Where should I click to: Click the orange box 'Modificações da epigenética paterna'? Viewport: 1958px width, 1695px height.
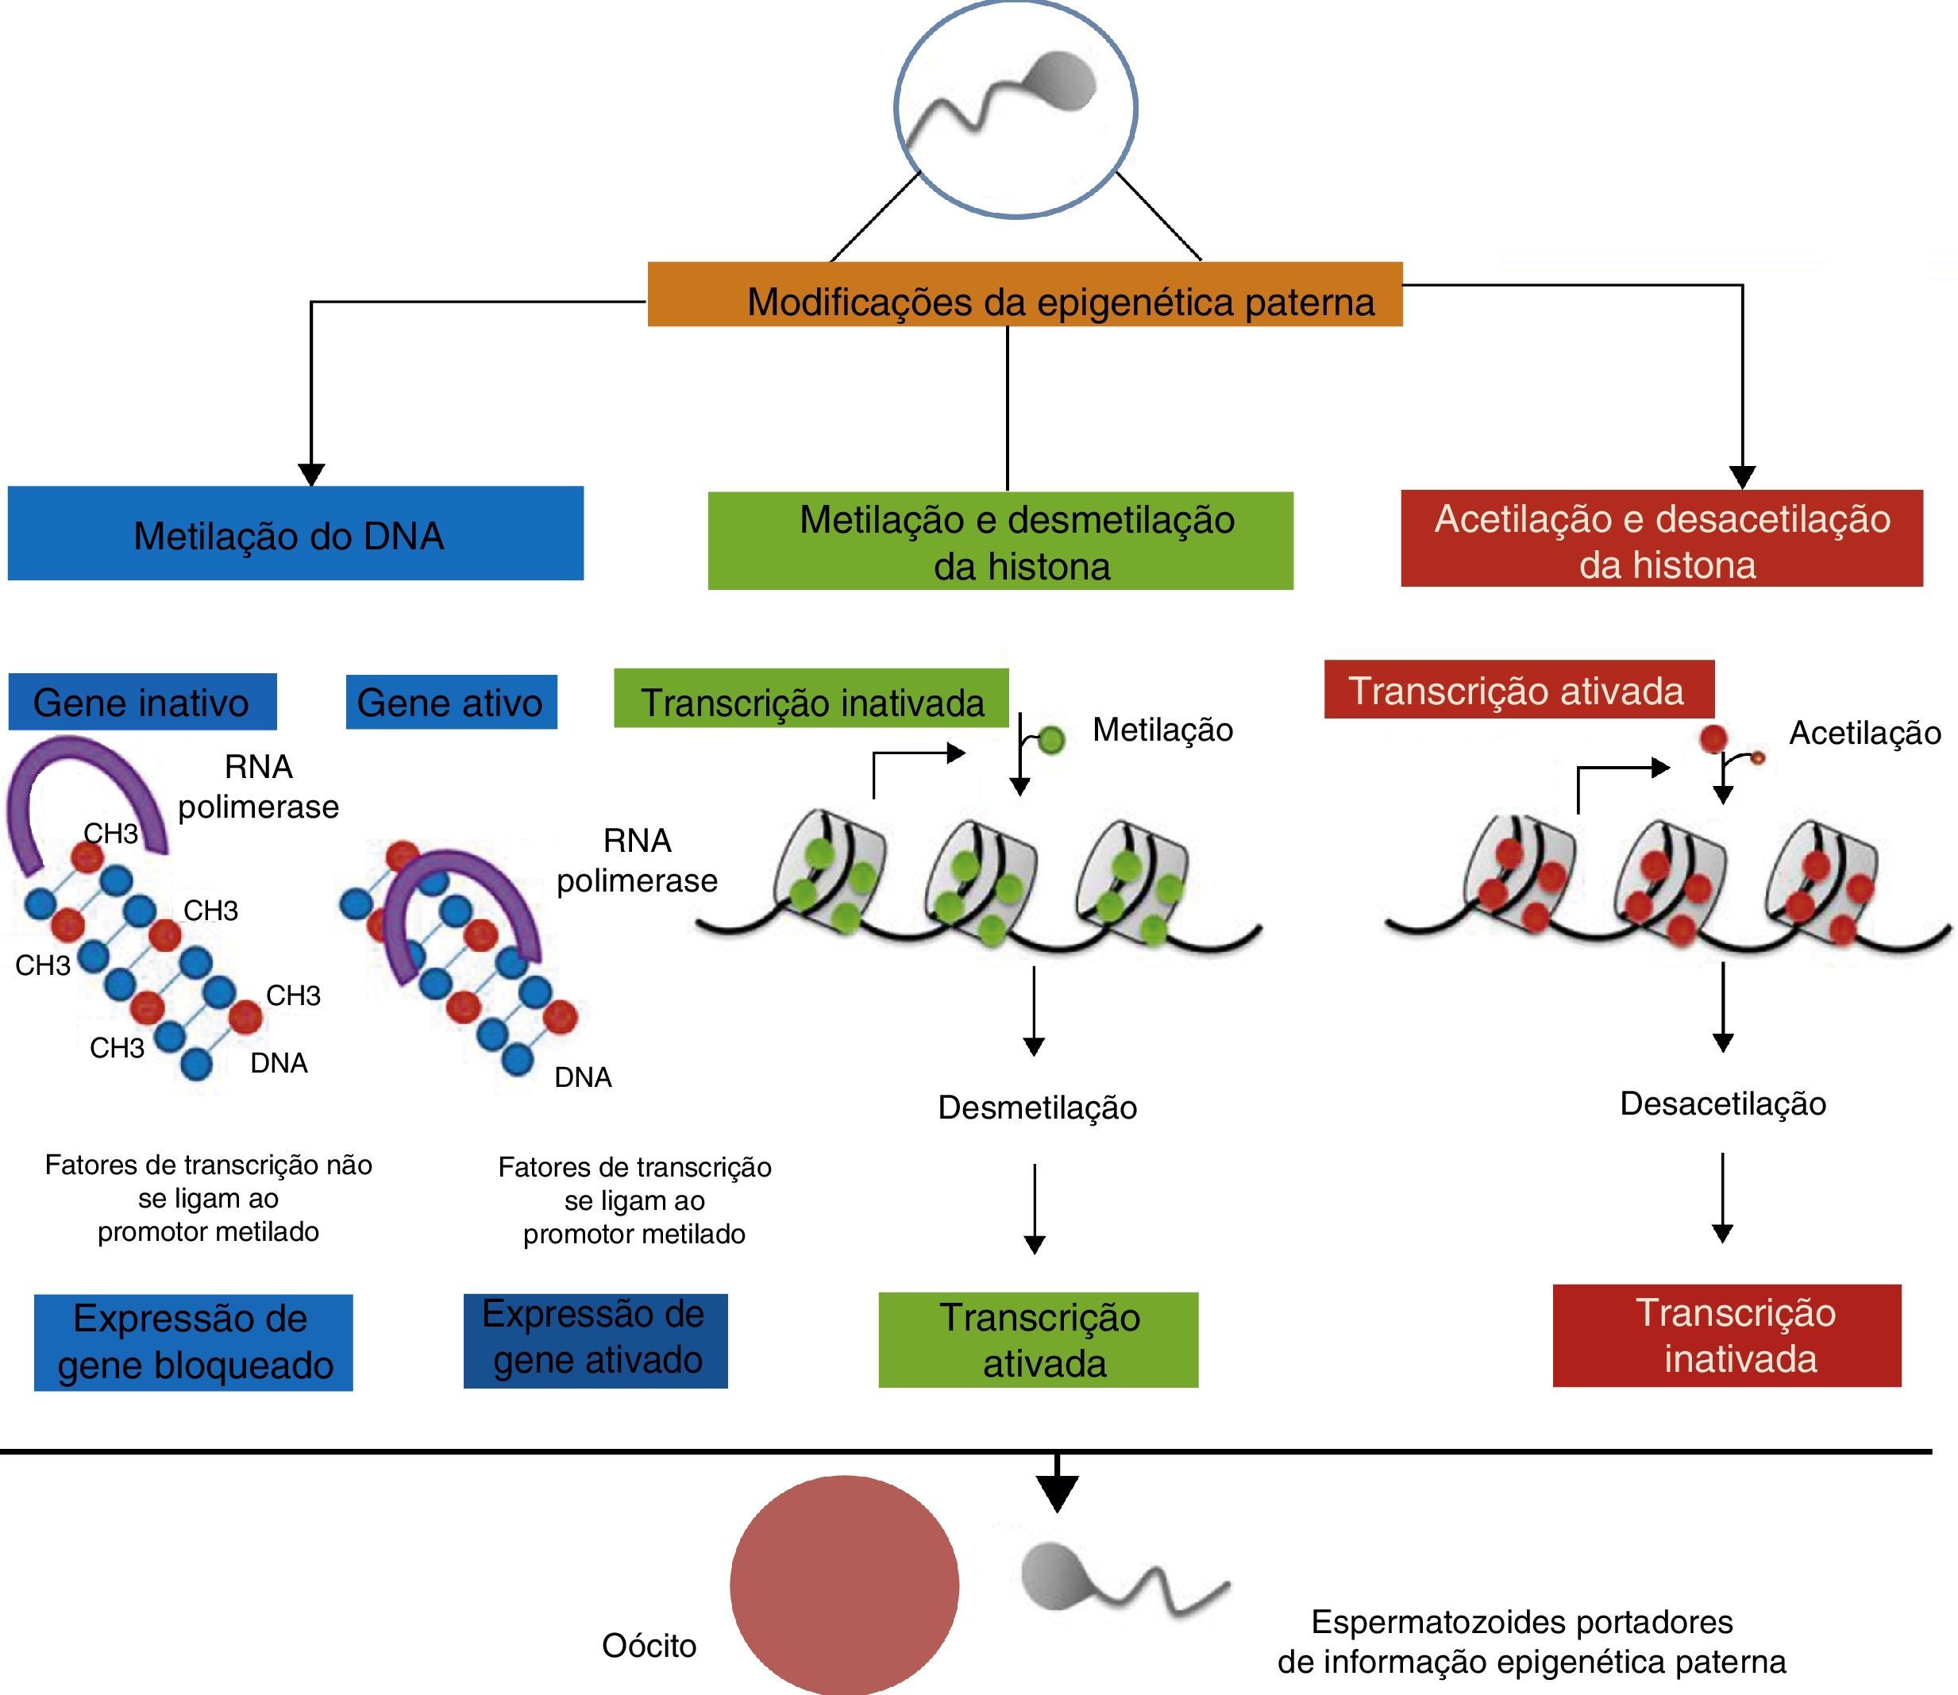click(x=1024, y=295)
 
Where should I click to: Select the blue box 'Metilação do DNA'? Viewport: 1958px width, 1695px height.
click(x=295, y=534)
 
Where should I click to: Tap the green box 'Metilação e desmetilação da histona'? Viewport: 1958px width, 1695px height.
click(x=1000, y=541)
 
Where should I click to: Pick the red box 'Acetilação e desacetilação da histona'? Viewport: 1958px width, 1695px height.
click(x=1661, y=538)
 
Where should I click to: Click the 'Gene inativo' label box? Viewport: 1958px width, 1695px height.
click(x=142, y=702)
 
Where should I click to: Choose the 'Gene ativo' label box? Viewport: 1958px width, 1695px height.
click(x=451, y=702)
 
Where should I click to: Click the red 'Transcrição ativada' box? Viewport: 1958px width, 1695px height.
click(x=1518, y=690)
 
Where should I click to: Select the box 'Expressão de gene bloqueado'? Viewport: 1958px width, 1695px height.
click(x=193, y=1343)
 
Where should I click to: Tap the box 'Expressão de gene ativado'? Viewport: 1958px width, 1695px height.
click(x=595, y=1340)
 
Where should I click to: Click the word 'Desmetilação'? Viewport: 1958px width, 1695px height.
click(x=1037, y=1108)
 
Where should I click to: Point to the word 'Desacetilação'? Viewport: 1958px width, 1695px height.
click(x=1722, y=1104)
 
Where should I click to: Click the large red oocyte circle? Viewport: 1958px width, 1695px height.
click(x=844, y=1585)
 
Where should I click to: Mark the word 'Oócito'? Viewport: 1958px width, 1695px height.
click(x=649, y=1646)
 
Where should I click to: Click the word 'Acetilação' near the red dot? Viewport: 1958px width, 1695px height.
click(x=1864, y=733)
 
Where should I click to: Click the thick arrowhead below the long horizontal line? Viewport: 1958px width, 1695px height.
click(x=1058, y=1493)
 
